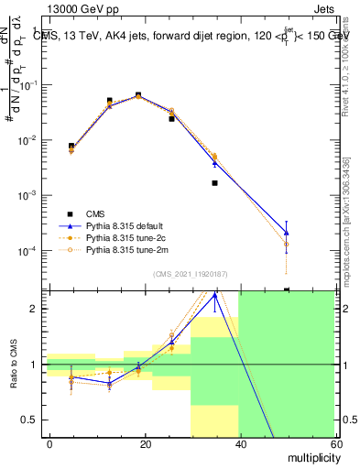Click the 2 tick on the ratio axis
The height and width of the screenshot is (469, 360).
click(35, 309)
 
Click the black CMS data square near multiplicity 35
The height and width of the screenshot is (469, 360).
click(214, 183)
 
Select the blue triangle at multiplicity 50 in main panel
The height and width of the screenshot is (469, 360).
click(287, 233)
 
